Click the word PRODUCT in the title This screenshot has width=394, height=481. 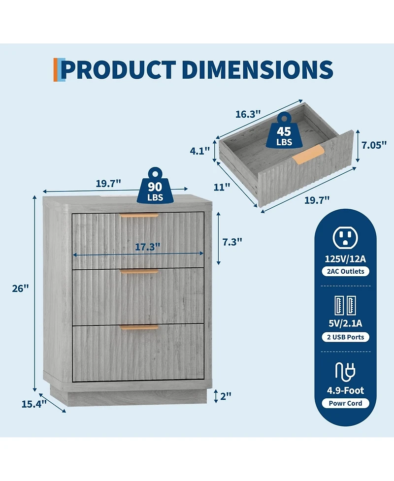coord(118,69)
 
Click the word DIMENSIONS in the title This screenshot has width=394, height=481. coord(258,69)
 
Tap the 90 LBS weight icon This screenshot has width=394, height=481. coord(155,186)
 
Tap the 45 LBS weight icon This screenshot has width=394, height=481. coord(284,130)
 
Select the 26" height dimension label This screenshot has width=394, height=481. coord(20,289)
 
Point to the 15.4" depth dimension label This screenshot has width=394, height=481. coord(34,404)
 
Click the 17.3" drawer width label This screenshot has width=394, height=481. coord(148,247)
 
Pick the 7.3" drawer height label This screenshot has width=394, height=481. coord(232,242)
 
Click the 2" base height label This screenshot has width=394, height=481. coord(226,396)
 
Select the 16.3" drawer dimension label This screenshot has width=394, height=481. coord(248,114)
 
